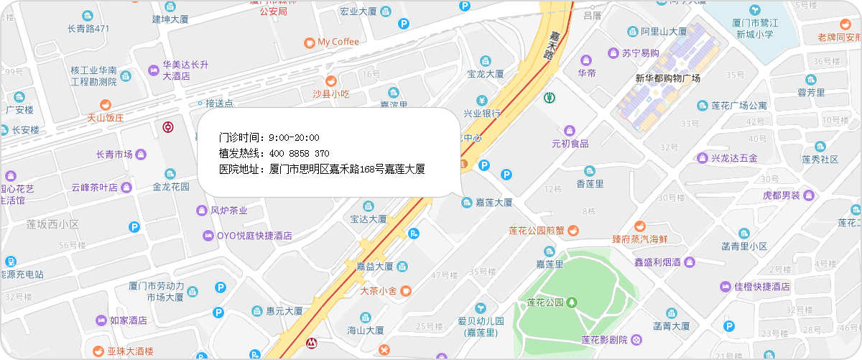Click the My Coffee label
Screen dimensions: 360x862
[x=338, y=42]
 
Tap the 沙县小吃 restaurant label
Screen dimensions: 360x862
[x=330, y=93]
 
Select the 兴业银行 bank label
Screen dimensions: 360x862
[x=482, y=113]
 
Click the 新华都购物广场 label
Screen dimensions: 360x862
[x=667, y=78]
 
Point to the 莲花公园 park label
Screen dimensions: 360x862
[x=544, y=302]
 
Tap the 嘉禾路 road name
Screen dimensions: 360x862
[x=552, y=45]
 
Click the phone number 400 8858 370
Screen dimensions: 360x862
[x=300, y=153]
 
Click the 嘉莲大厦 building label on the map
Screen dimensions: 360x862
[x=493, y=203]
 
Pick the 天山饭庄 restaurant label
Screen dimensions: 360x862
[x=106, y=117]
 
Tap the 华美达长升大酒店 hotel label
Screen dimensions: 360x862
[x=185, y=70]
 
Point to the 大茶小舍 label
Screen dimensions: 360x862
[x=379, y=291]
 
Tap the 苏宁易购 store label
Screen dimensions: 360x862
[x=641, y=52]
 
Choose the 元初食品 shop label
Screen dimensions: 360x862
[x=570, y=143]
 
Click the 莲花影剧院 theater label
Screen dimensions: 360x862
[x=605, y=339]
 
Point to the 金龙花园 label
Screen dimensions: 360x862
[x=170, y=186]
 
